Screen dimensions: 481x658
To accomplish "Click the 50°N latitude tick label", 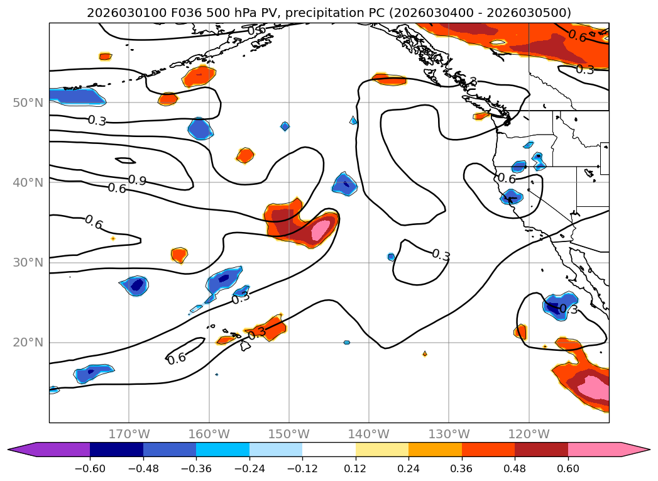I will coord(28,102).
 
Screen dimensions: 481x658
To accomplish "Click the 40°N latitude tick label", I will coord(28,182).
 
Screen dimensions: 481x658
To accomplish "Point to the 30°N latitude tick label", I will coord(28,262).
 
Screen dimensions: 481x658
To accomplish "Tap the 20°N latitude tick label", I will coord(28,343).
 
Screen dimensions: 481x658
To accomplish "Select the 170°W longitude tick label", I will coord(129,434).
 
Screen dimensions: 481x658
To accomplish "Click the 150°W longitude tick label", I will coord(289,434).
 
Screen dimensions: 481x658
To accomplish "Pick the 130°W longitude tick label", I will coord(449,434).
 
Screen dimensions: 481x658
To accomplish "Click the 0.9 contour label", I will coord(137,181).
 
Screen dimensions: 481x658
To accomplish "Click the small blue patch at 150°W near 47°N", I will coord(285,126).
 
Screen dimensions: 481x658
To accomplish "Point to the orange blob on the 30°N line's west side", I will coord(179,255).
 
